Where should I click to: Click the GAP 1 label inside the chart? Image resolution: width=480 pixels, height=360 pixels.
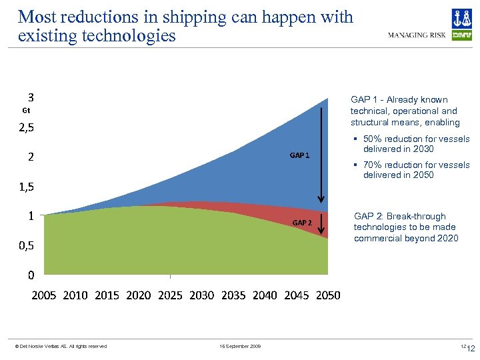[299, 155]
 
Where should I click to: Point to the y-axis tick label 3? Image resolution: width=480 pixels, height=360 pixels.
[31, 96]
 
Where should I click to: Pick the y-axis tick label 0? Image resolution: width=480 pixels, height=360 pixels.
[31, 275]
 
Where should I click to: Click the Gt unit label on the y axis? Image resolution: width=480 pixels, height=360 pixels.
[26, 110]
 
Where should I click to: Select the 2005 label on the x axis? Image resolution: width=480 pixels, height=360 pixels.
[45, 295]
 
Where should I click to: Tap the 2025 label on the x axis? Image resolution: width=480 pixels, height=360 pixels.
[170, 295]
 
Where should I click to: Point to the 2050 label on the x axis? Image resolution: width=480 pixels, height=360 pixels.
[328, 295]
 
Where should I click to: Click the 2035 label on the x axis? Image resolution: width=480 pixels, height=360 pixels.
[233, 295]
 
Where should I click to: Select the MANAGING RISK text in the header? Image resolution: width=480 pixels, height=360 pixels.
[417, 35]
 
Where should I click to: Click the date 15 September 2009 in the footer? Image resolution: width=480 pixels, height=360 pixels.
[240, 346]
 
